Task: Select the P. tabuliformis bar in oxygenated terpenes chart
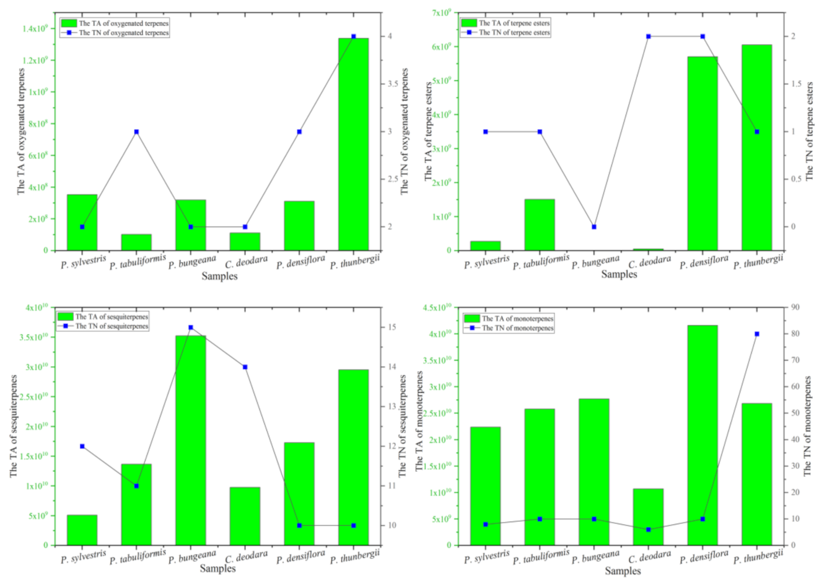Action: tap(136, 242)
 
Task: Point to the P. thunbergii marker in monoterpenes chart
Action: tap(757, 334)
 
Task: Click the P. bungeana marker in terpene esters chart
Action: tap(594, 227)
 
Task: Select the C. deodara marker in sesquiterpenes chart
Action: tap(245, 367)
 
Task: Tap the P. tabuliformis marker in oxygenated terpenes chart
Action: tap(136, 132)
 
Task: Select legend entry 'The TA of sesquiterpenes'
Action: tap(111, 317)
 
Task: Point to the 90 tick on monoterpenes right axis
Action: tap(795, 307)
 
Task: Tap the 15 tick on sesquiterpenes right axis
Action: tap(392, 327)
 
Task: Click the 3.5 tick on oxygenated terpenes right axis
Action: tap(393, 84)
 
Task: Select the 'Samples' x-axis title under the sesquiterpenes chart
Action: tap(218, 568)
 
